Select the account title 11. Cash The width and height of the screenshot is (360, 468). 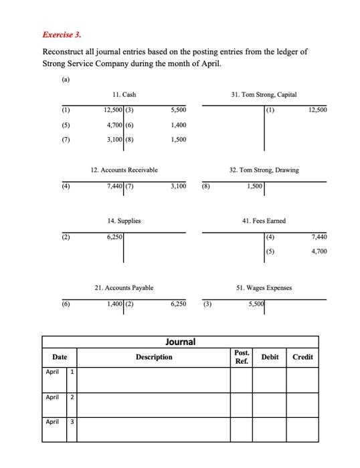click(124, 96)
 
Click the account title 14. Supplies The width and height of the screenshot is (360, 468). click(124, 220)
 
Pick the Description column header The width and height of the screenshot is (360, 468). click(154, 357)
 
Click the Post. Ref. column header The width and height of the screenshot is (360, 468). click(242, 357)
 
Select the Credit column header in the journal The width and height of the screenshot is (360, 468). click(302, 357)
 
